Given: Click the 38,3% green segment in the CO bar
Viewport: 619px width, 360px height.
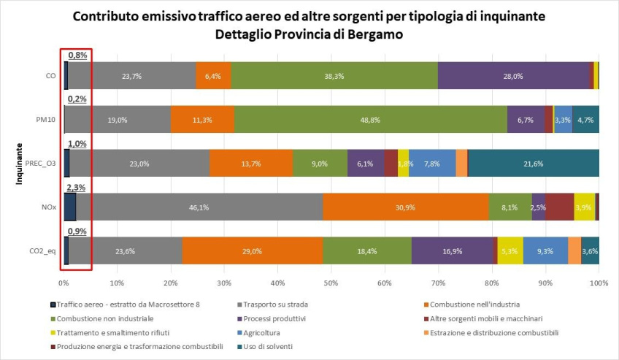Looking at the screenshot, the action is point(334,75).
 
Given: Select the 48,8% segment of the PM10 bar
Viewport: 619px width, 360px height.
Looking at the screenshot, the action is point(370,119).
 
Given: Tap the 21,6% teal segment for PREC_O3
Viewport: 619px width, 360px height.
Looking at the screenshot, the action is point(534,163).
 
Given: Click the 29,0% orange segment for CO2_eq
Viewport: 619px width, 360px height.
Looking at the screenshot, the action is point(253,250).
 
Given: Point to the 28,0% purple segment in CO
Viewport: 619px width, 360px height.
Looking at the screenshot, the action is point(513,75).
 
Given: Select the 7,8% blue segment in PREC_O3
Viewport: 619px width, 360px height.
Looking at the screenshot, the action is point(432,163).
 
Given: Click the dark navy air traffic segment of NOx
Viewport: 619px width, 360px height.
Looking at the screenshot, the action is point(70,207).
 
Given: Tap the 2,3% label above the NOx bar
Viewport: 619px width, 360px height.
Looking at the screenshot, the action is point(76,188).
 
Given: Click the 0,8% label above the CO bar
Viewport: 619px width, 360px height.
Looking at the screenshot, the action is point(78,55).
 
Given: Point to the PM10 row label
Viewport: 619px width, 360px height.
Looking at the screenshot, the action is point(46,119).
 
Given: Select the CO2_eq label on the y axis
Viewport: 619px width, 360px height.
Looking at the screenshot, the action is point(42,251).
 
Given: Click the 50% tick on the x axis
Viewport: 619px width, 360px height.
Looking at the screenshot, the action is point(331,283).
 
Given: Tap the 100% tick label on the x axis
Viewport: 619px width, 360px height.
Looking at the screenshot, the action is point(599,283).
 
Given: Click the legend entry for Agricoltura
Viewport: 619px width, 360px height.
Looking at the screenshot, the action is point(258,333).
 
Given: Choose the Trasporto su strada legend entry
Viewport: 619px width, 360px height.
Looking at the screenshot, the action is point(272,305).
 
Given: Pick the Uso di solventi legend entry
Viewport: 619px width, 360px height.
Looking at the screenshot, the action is point(265,347).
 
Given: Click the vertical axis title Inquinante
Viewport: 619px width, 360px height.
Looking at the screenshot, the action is point(19,164).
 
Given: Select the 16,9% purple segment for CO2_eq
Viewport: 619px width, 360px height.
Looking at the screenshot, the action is point(453,250).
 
